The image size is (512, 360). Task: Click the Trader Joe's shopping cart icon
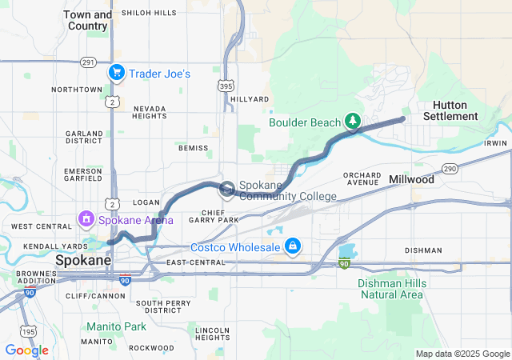(117, 73)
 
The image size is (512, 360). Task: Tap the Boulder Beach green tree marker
(352, 122)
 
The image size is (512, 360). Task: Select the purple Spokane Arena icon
(85, 218)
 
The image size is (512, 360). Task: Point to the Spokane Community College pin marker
(227, 189)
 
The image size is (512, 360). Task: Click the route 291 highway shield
(88, 62)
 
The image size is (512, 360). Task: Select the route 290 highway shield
(450, 168)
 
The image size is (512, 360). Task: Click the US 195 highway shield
(29, 331)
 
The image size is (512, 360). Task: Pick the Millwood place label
(411, 180)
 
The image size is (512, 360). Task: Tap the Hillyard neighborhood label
(250, 99)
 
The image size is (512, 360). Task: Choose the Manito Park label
(117, 326)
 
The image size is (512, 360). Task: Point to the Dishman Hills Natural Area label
(390, 289)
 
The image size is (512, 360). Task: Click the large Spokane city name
(82, 262)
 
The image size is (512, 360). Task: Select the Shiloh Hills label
(148, 13)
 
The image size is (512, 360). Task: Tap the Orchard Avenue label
(362, 178)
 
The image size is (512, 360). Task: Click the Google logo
(26, 350)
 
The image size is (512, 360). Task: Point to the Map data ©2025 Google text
(462, 354)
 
